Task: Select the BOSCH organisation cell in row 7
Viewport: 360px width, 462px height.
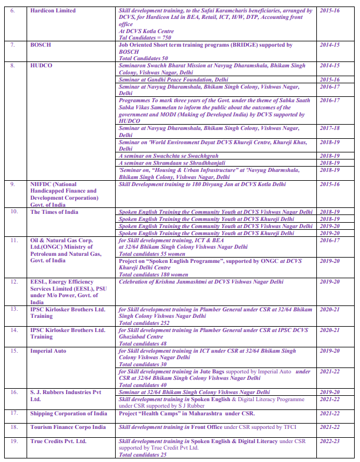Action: click(x=41, y=45)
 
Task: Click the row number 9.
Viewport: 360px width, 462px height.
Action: click(x=14, y=184)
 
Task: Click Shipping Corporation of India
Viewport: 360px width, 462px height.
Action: click(x=68, y=414)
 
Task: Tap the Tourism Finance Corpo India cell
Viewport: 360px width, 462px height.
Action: click(x=68, y=427)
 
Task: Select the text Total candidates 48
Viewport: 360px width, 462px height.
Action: click(x=142, y=343)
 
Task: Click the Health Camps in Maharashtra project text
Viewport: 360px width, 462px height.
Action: click(x=186, y=414)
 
